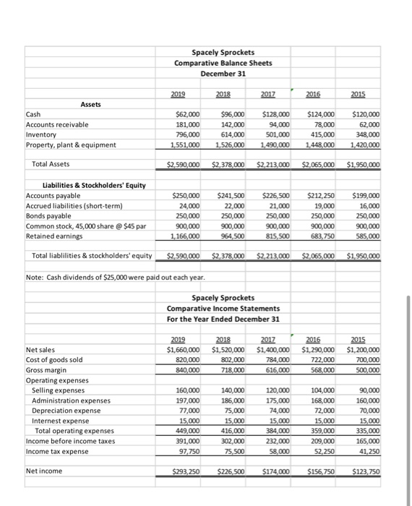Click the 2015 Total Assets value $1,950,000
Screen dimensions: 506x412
point(364,165)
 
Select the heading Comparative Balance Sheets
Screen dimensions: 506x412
point(223,64)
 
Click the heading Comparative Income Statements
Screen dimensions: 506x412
point(223,309)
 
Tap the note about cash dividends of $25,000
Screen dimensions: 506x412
point(118,277)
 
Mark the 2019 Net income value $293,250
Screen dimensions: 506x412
point(185,471)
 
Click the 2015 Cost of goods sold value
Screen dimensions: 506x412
point(366,360)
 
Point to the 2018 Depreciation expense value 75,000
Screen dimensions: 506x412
point(234,411)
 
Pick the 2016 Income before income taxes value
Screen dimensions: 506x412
point(322,441)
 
